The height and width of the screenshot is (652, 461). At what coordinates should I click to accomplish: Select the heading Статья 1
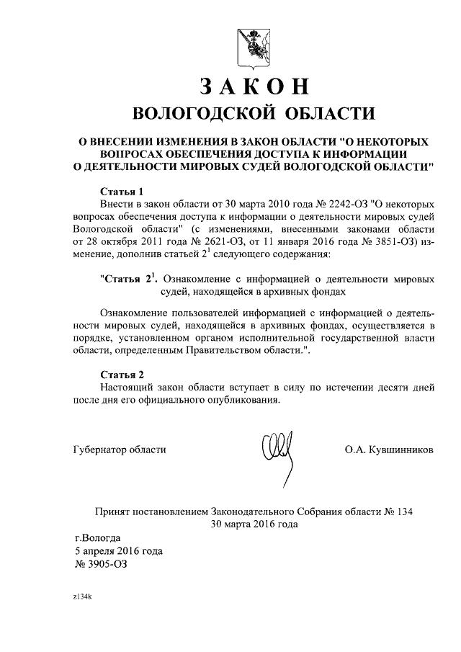[x=122, y=192]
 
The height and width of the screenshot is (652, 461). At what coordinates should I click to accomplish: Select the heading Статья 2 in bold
[x=122, y=375]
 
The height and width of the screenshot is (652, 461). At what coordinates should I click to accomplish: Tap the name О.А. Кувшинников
[x=390, y=449]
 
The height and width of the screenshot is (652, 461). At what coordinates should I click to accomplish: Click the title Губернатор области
[x=120, y=449]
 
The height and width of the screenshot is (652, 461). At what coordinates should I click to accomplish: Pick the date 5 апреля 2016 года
[x=119, y=551]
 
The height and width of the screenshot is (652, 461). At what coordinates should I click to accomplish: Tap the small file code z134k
[x=83, y=597]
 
